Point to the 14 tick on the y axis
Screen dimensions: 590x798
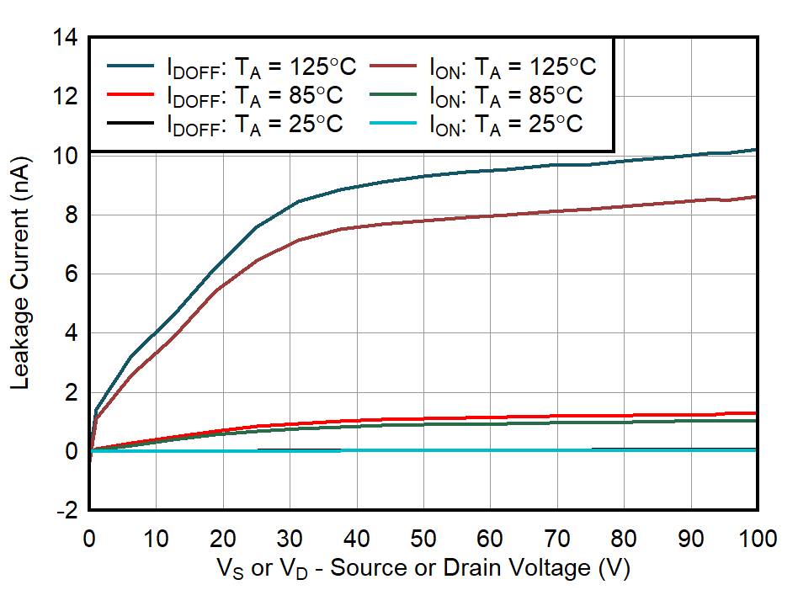tap(66, 38)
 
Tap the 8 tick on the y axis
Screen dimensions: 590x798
tap(72, 215)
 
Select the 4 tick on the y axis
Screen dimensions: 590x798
tap(72, 333)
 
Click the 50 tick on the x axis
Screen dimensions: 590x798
tap(423, 539)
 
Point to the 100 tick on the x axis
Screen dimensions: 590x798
tap(757, 539)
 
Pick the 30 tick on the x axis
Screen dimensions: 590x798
tap(290, 539)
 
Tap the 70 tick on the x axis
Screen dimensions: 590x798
tap(557, 539)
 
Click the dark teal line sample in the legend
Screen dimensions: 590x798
tap(130, 66)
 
